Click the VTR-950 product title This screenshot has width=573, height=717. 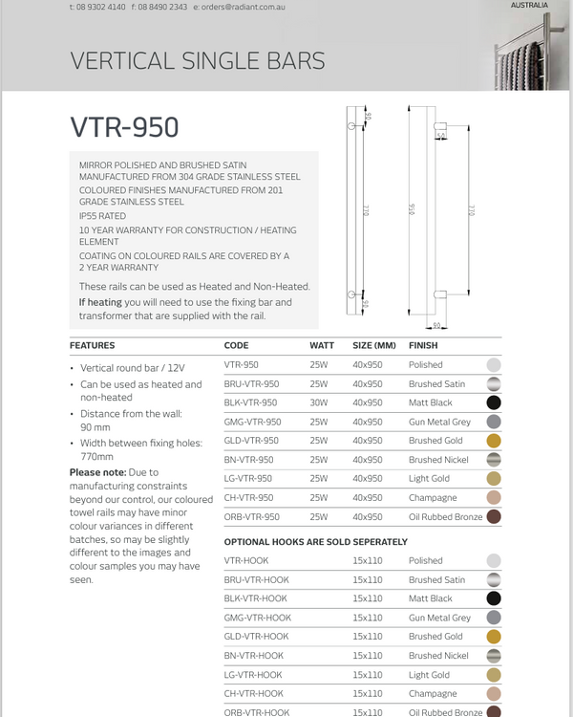(124, 127)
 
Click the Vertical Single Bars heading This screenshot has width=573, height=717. (198, 62)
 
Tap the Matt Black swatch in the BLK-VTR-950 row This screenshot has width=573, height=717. (494, 402)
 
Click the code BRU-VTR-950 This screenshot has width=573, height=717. (250, 383)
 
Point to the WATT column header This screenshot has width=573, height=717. (322, 345)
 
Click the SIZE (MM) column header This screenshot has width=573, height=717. (373, 345)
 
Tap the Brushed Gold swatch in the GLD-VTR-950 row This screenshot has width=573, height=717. (494, 441)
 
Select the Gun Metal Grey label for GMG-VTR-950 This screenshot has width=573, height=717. (439, 422)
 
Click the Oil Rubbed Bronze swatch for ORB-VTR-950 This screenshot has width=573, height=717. (494, 516)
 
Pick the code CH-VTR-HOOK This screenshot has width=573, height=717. (253, 693)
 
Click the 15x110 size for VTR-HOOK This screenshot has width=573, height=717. (367, 560)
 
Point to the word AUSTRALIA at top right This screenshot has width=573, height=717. (530, 5)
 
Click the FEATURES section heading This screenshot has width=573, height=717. (93, 345)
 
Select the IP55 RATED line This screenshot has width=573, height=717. (102, 216)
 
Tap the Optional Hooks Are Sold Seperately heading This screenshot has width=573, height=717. (304, 541)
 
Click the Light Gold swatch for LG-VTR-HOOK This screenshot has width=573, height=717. (494, 674)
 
